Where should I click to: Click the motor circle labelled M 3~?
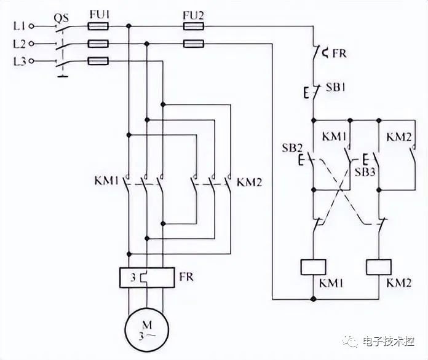[147, 330]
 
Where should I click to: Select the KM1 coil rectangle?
[314, 267]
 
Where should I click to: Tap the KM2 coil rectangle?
[379, 267]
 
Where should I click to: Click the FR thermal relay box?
[147, 277]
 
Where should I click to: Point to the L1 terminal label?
[20, 26]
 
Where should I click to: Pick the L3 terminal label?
[20, 61]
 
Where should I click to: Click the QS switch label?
[61, 18]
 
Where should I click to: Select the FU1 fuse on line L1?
[98, 26]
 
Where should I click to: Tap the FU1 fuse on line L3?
[98, 61]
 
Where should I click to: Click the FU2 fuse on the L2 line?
[193, 44]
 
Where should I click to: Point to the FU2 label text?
[193, 15]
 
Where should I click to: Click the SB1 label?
[336, 87]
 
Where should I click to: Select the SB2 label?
[292, 148]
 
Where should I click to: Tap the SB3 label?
[365, 172]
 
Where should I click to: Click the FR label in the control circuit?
[339, 53]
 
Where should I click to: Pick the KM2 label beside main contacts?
[250, 182]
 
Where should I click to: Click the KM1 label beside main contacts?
[107, 181]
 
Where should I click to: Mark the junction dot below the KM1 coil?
[314, 299]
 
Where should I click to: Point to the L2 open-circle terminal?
[31, 44]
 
